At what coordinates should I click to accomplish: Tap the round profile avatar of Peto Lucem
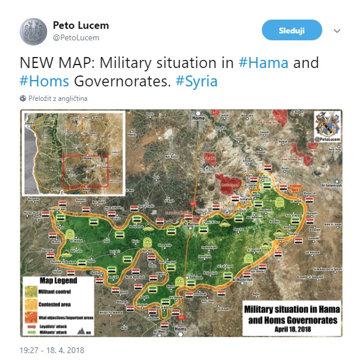[33, 31]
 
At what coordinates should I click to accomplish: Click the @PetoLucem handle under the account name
[76, 38]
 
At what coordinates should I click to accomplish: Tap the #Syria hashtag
[197, 81]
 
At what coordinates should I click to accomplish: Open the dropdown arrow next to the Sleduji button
[337, 31]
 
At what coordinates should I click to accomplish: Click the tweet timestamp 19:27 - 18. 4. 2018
[52, 349]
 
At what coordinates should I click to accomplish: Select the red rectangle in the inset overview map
[85, 172]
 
